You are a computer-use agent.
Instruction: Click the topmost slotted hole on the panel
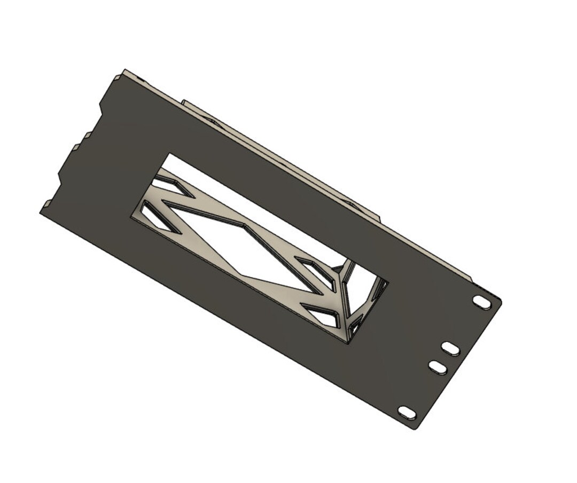click(x=482, y=302)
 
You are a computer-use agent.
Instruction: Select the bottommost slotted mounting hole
click(x=407, y=413)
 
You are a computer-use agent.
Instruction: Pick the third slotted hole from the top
click(x=438, y=367)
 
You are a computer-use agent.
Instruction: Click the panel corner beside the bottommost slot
click(x=416, y=426)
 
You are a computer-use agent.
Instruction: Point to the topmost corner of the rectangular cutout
click(x=170, y=154)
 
